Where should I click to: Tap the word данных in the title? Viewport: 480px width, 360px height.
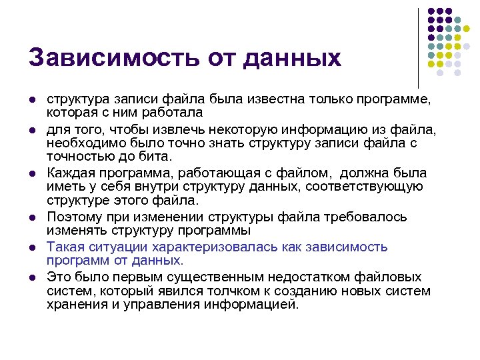tap(293, 57)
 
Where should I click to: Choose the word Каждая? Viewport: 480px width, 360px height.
tap(70, 173)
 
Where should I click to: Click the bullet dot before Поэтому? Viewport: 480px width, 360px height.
tap(31, 218)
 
